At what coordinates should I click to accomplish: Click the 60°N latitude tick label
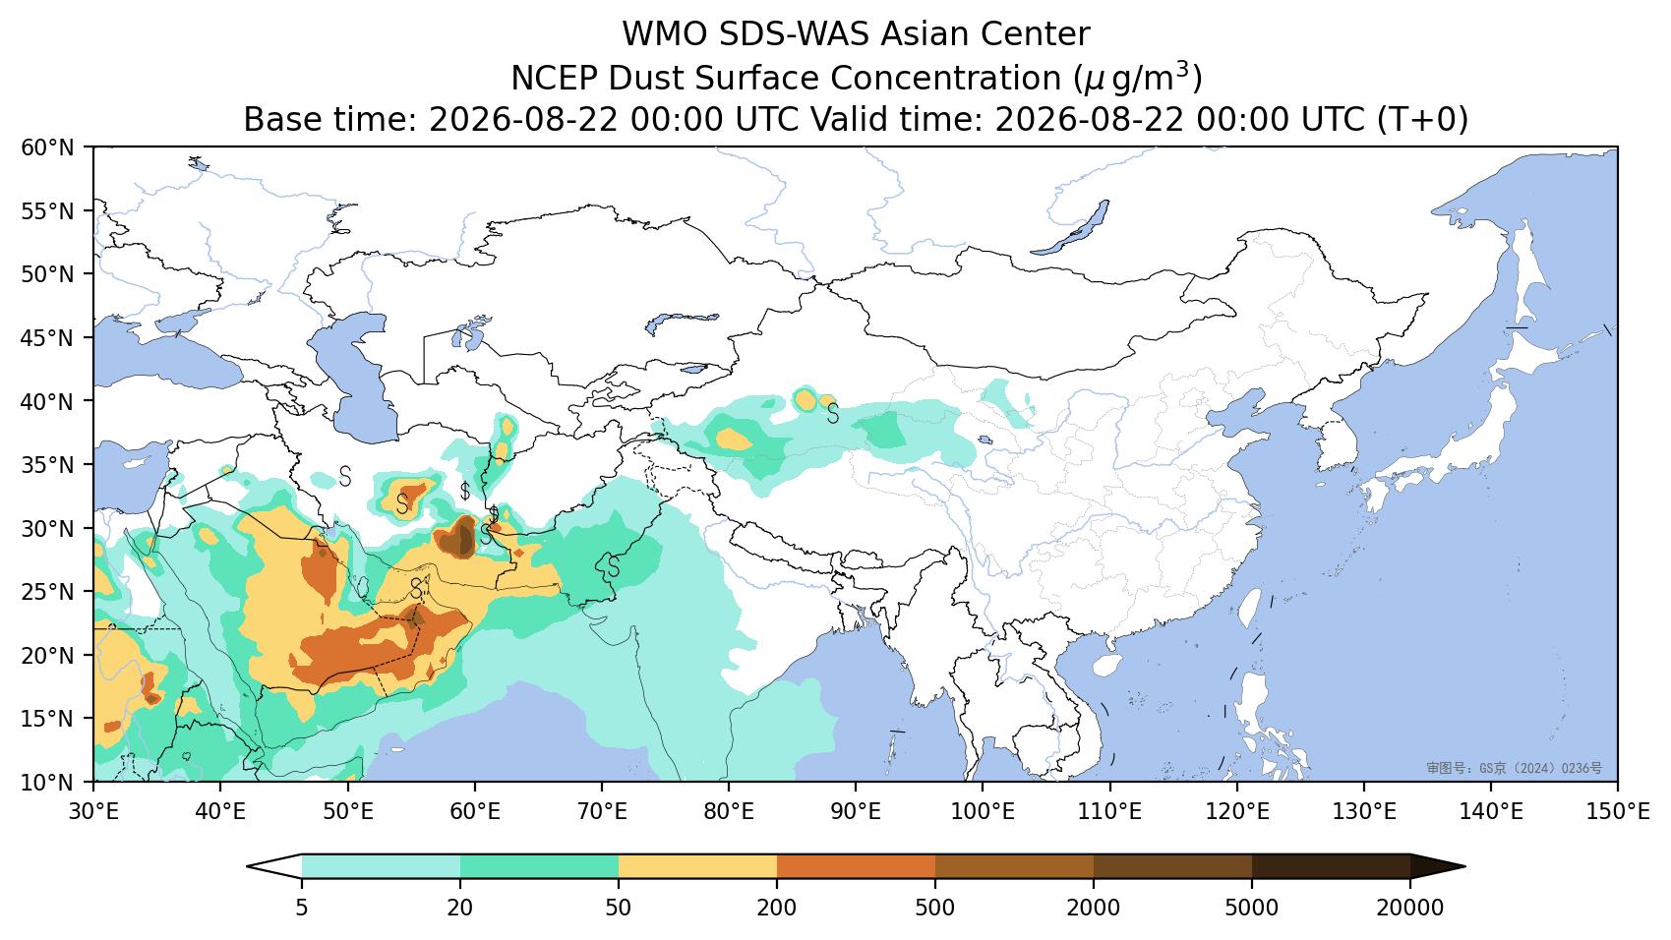tap(48, 147)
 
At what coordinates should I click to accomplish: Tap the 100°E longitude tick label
tap(983, 811)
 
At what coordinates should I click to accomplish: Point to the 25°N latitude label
tap(48, 592)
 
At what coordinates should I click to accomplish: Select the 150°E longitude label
tap(1617, 811)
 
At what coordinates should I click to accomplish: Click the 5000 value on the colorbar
tap(1252, 908)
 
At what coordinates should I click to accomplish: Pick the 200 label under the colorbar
tap(777, 908)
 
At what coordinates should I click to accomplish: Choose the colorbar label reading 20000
tap(1410, 908)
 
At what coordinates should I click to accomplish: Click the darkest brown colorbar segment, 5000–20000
tap(1331, 867)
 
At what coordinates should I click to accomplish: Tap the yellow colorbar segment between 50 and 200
tap(697, 867)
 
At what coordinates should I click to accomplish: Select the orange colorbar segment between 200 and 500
tap(856, 867)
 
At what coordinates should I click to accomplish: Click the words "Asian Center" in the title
tap(985, 34)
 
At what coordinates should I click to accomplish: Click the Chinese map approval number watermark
tap(1514, 768)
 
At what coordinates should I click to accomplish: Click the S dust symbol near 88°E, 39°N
tap(832, 413)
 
